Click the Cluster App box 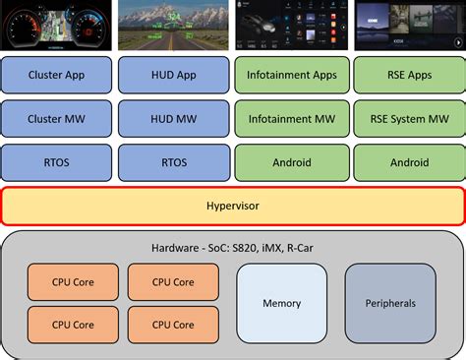pos(57,74)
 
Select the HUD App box pos(172,74)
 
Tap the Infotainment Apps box pos(290,74)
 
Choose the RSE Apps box pos(407,74)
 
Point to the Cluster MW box pos(57,118)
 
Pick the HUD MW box pos(172,118)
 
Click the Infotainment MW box pos(290,118)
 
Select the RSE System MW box pos(407,118)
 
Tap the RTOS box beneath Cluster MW pos(57,162)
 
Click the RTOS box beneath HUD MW pos(172,162)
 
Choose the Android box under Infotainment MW pos(290,162)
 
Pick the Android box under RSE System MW pos(407,162)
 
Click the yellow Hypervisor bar pos(232,207)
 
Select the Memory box pos(281,303)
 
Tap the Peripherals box pos(390,303)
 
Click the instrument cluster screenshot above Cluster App pos(57,25)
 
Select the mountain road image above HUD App pos(172,25)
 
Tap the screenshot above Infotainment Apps pos(290,25)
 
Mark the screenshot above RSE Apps pos(407,25)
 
